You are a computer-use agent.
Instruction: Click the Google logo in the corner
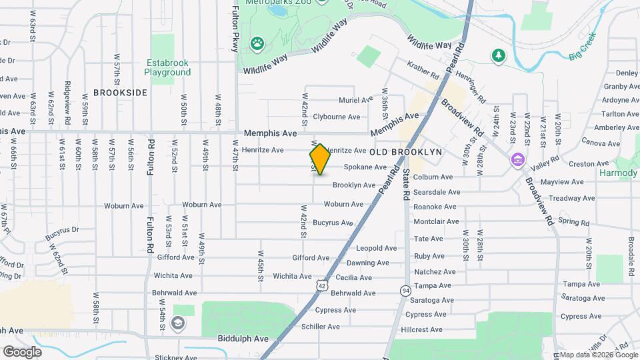coord(22,351)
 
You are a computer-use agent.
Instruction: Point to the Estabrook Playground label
coord(167,68)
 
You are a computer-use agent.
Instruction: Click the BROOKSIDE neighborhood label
coord(120,93)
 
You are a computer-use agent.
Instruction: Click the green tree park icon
coord(497,55)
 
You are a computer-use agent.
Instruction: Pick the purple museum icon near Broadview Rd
coord(517,161)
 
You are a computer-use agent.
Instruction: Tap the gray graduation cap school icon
coord(177,324)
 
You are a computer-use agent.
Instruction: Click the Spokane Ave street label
coord(365,167)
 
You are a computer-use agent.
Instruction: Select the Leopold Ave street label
coord(377,248)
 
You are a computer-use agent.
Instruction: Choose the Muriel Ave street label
coord(355,100)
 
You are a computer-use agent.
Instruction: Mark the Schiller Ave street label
coord(321,327)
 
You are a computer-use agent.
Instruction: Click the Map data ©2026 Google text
coord(598,354)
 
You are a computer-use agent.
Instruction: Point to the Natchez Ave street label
coord(435,272)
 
